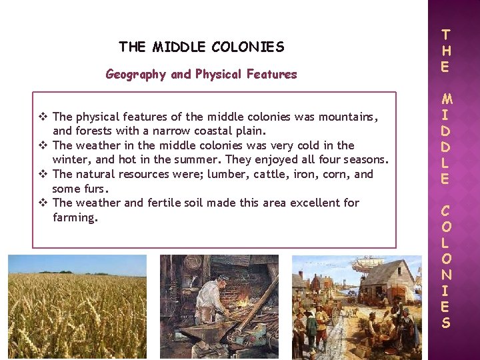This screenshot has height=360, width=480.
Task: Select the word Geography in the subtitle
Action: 136,74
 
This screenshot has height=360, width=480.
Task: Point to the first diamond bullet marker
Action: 43,117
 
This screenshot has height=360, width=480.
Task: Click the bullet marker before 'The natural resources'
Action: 43,174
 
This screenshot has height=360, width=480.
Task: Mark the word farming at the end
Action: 75,217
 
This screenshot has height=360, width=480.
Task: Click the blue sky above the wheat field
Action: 77,264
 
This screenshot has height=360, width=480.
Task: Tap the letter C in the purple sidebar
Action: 446,211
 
